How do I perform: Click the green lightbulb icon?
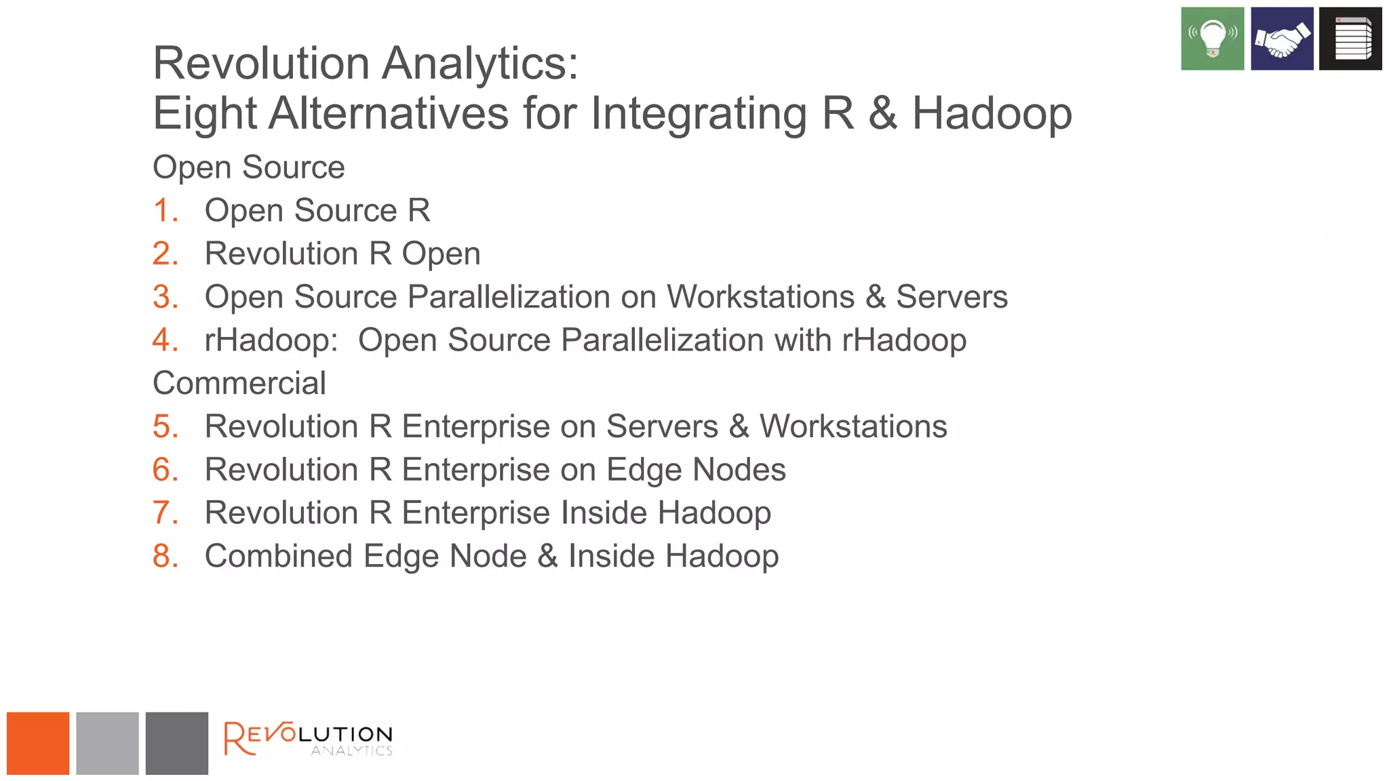click(x=1212, y=39)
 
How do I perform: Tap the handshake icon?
click(x=1282, y=39)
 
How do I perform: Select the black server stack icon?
click(x=1350, y=39)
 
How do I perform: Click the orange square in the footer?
click(x=38, y=743)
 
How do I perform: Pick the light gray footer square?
click(x=107, y=743)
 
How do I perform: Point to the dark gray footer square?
click(x=176, y=743)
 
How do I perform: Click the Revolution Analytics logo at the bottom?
click(x=308, y=738)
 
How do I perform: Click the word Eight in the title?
click(x=204, y=113)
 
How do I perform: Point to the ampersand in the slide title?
click(x=882, y=113)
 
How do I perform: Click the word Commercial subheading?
click(x=239, y=383)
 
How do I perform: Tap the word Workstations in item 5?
click(x=853, y=426)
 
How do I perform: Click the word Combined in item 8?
click(x=279, y=556)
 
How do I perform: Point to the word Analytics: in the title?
click(x=480, y=63)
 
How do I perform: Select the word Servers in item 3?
click(x=952, y=297)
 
